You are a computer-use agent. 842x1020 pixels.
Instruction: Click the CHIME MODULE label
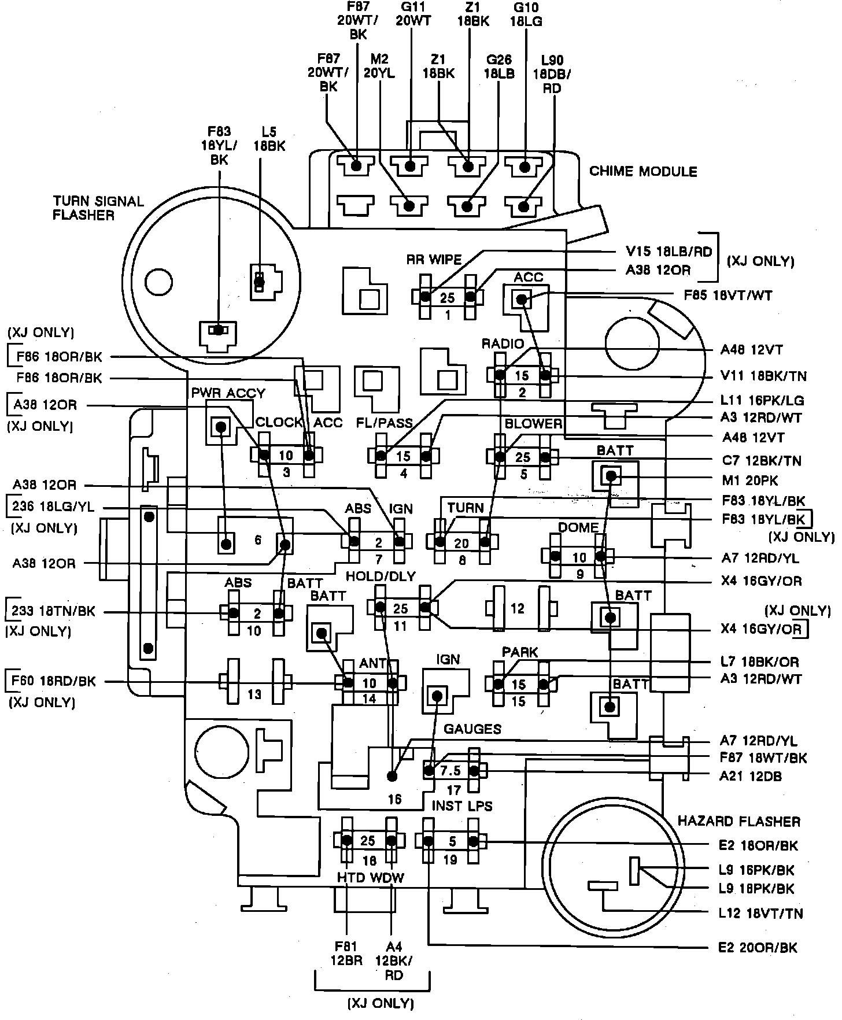(643, 171)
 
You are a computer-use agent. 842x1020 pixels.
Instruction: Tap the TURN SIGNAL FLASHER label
(98, 208)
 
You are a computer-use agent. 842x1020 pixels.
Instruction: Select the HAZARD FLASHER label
(738, 821)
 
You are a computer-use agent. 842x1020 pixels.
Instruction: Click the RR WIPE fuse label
(434, 260)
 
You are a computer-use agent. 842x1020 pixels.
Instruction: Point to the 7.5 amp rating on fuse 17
(450, 771)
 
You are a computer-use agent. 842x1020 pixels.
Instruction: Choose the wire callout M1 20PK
(750, 480)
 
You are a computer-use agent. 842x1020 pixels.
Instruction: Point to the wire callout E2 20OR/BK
(758, 948)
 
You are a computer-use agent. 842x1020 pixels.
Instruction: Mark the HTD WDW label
(371, 878)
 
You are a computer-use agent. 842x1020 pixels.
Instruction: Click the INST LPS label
(462, 806)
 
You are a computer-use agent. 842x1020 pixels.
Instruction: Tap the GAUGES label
(472, 729)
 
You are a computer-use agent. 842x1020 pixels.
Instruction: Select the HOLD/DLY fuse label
(381, 576)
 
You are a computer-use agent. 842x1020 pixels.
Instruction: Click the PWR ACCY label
(228, 393)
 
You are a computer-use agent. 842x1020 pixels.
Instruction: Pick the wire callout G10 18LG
(526, 15)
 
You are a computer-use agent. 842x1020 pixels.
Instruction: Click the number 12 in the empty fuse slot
(517, 608)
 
